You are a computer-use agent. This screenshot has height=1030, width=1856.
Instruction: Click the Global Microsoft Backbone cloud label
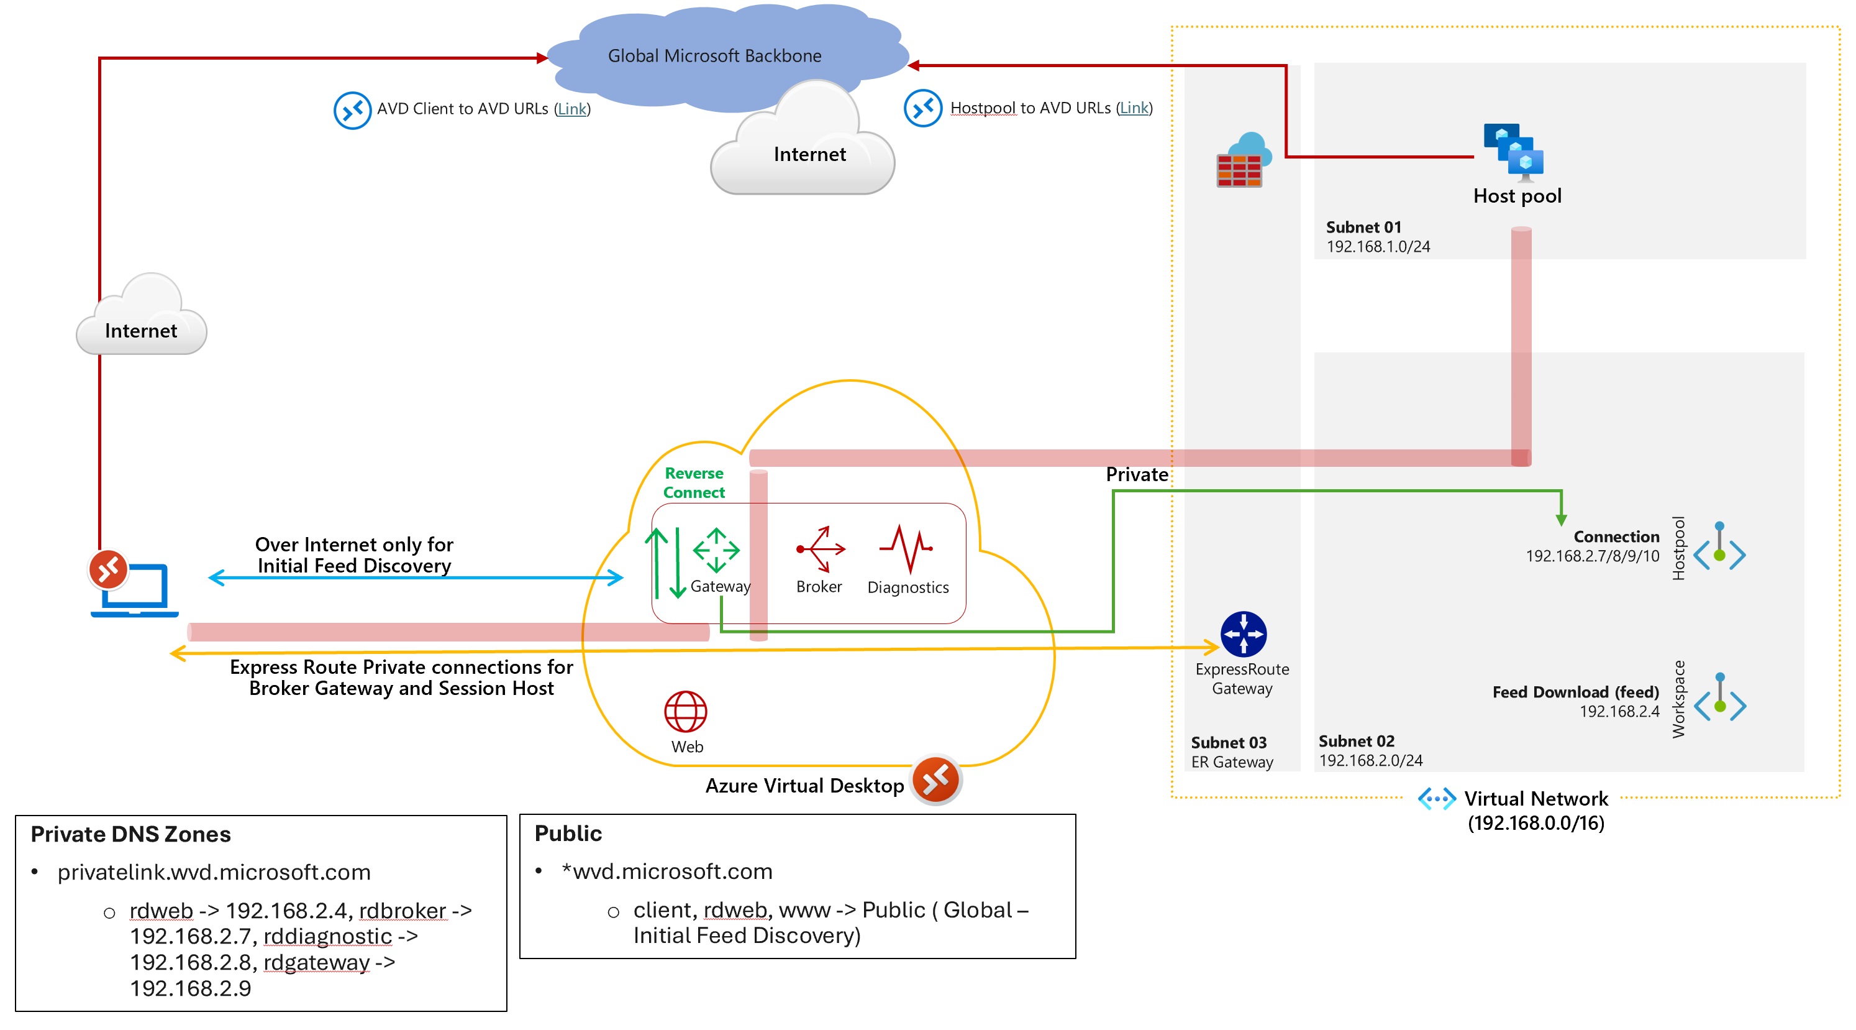click(714, 55)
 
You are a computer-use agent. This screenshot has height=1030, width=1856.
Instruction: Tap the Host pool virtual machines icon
click(1514, 152)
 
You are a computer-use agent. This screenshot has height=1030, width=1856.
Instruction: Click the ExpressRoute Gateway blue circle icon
click(1243, 634)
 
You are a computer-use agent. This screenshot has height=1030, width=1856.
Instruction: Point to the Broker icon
click(821, 549)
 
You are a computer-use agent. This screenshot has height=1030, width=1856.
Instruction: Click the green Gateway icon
click(716, 551)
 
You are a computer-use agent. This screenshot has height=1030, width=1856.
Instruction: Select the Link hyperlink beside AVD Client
click(572, 109)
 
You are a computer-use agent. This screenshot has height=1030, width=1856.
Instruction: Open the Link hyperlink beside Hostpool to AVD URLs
click(1134, 108)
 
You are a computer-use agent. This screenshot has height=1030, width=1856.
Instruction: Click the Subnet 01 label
click(1363, 227)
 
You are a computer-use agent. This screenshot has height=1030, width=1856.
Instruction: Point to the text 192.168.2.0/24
click(1370, 760)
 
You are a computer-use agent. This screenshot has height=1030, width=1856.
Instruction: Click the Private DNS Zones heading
click(130, 834)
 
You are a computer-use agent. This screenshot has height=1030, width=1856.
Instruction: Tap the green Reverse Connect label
click(694, 483)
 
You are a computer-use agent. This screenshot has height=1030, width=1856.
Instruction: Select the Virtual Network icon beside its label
click(1436, 799)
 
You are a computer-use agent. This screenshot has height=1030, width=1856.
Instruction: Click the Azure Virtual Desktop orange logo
click(935, 780)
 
